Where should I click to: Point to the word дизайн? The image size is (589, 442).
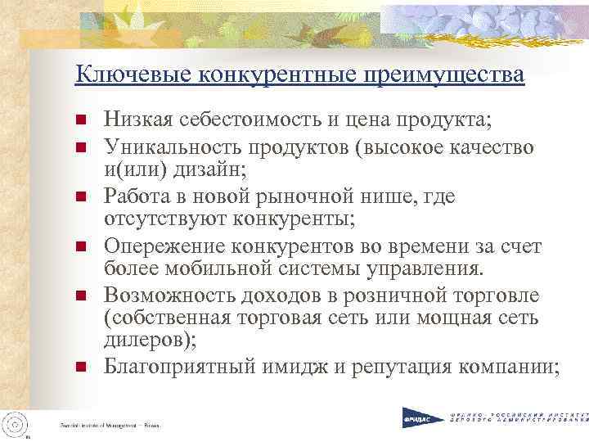click(x=205, y=170)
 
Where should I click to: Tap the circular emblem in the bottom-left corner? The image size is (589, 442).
click(x=16, y=423)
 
